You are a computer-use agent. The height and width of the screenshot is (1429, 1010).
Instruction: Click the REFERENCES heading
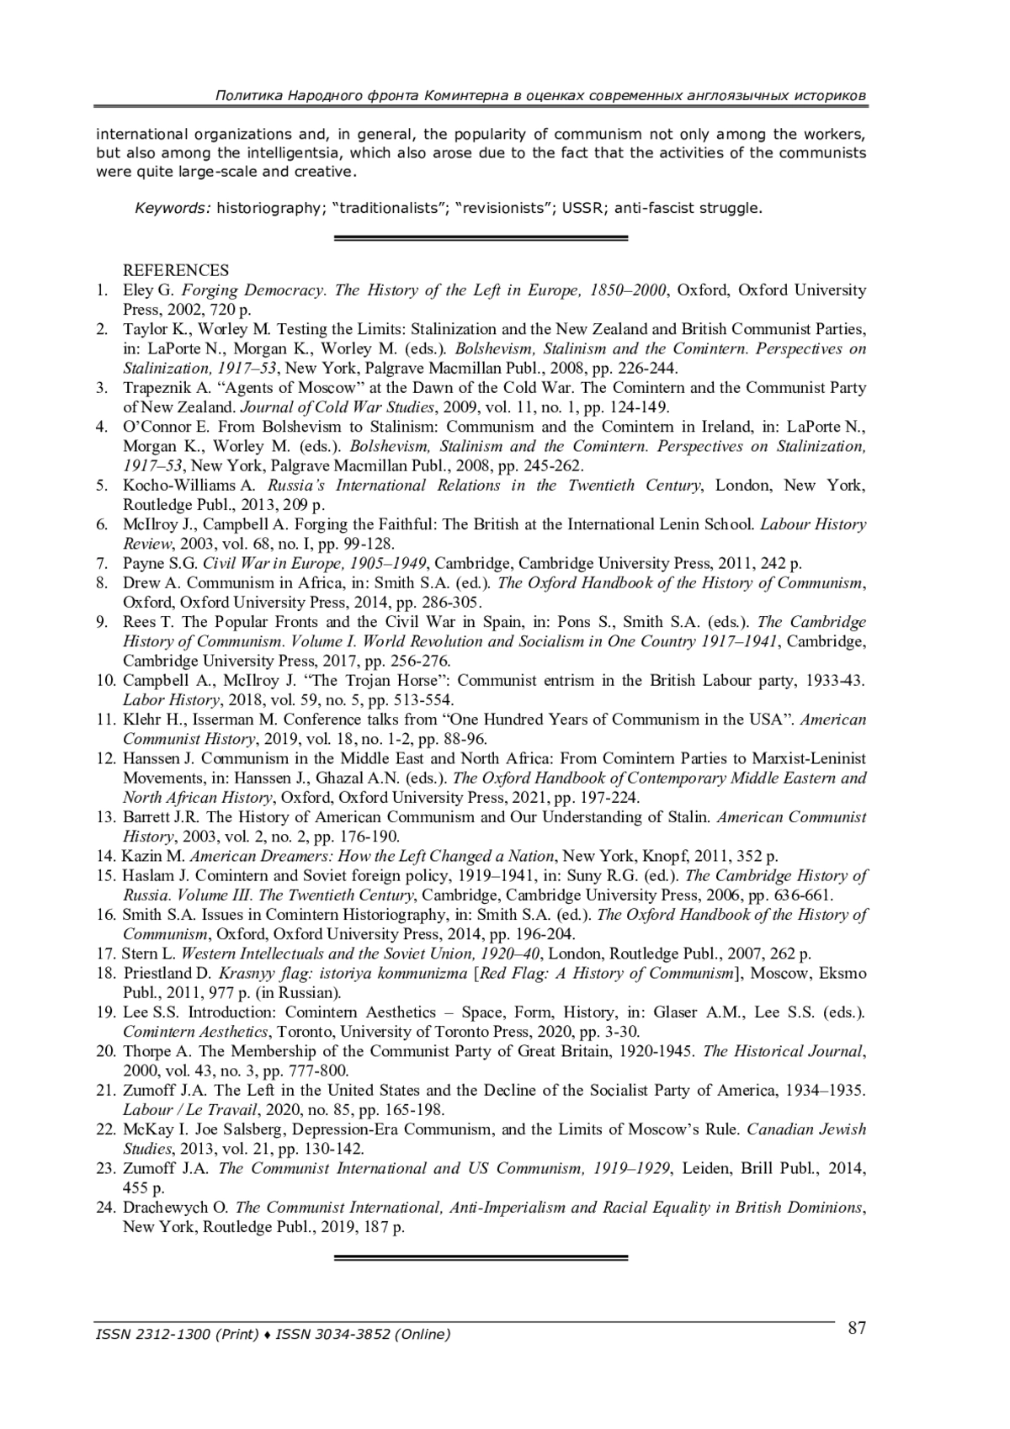click(176, 270)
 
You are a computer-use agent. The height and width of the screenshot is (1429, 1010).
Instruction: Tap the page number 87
click(857, 1328)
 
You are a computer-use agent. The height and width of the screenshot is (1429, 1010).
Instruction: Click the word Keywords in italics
click(173, 208)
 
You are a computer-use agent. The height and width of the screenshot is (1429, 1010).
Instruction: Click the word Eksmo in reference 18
click(843, 974)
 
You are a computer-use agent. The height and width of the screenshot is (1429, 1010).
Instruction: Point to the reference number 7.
click(102, 563)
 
